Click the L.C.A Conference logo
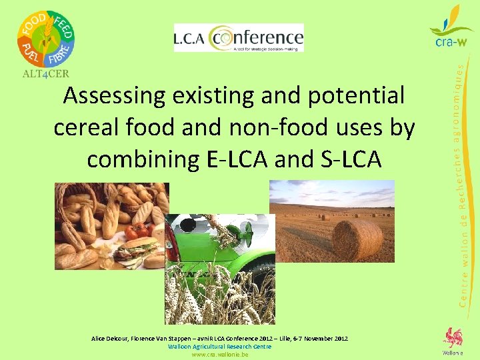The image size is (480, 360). (238, 37)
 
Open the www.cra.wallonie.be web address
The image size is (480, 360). (219, 355)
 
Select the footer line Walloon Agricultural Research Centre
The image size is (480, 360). (219, 347)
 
